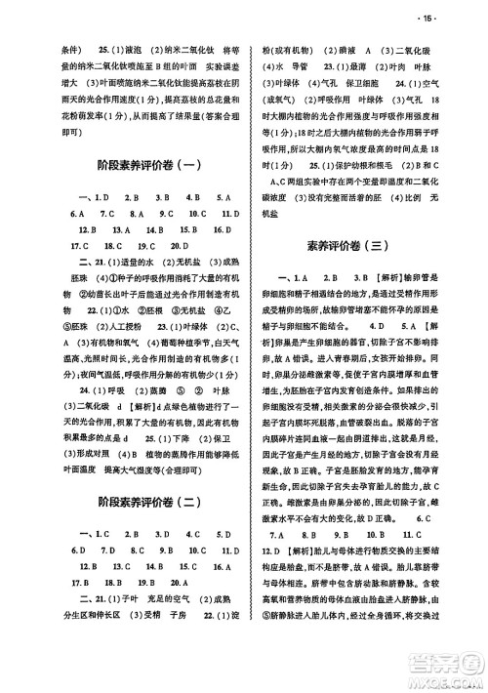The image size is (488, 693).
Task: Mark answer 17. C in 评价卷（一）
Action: [x=68, y=247]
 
